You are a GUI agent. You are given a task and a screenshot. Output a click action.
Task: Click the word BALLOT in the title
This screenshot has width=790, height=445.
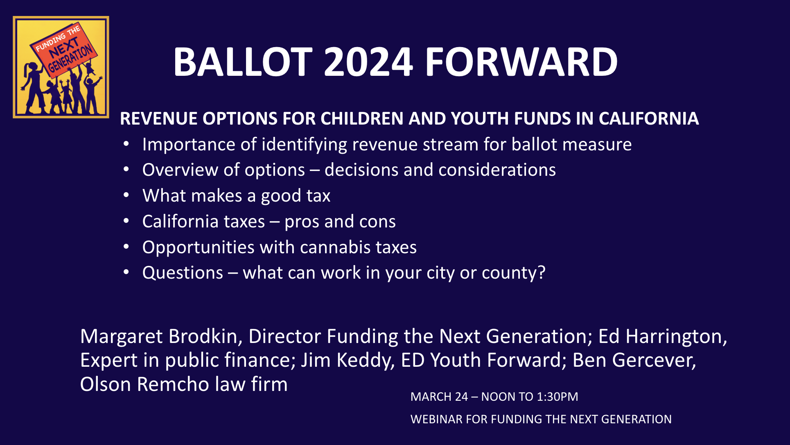(243, 62)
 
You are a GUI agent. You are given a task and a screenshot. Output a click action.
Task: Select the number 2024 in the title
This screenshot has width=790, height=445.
(368, 62)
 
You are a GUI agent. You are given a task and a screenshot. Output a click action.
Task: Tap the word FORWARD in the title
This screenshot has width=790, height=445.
(521, 62)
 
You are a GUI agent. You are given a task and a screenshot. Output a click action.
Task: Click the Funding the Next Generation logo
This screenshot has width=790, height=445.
(61, 67)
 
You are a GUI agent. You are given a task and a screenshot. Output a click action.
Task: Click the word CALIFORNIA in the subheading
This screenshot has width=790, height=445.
(649, 118)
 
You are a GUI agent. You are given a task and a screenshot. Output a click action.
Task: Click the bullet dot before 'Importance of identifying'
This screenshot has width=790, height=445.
(126, 144)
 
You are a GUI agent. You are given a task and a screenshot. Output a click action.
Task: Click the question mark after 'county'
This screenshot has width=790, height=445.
(542, 272)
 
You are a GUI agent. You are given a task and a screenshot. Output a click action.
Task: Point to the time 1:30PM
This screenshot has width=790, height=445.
(558, 397)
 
